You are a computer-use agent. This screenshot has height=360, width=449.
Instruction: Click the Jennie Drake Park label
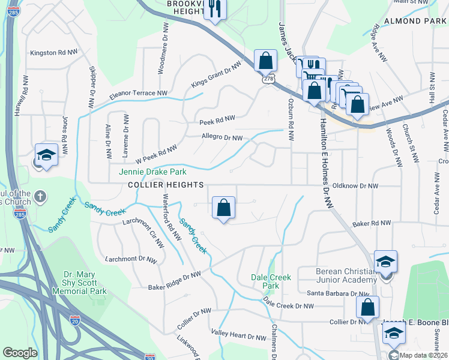(149, 172)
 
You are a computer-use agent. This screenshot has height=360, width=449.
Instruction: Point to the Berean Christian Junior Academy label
(349, 275)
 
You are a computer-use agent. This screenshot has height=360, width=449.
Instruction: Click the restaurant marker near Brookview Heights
(214, 9)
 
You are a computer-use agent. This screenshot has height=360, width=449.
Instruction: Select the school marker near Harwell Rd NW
(46, 155)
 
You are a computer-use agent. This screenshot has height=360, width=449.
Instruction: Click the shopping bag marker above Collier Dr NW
(367, 307)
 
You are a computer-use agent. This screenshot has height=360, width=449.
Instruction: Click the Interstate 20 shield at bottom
(75, 321)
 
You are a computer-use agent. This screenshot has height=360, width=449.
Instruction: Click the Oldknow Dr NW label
(355, 186)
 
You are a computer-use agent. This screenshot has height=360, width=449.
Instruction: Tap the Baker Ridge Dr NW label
(175, 281)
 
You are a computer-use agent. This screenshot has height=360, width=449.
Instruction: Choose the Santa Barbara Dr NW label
(338, 293)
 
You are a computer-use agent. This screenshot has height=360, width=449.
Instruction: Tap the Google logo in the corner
(20, 353)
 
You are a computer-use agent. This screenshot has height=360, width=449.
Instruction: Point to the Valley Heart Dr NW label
(238, 335)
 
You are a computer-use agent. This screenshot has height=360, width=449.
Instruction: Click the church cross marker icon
(40, 196)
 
